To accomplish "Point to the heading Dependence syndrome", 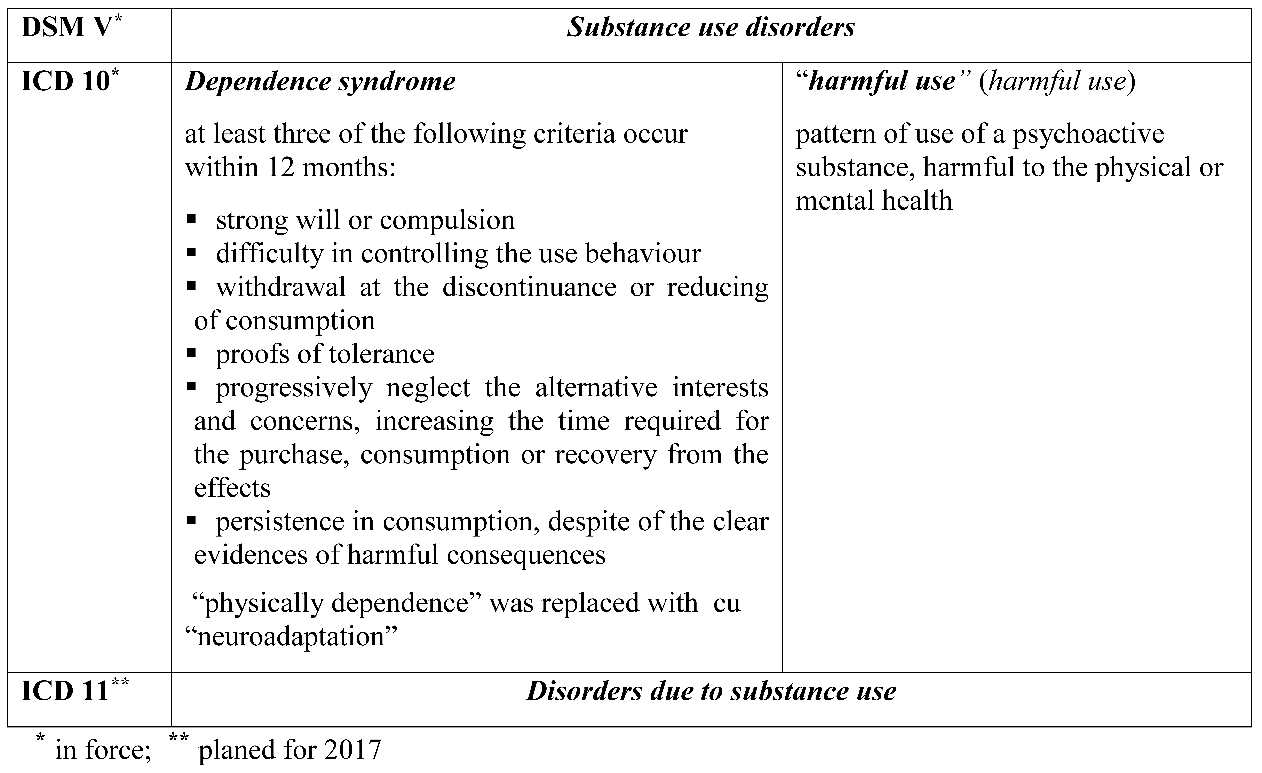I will coord(320,82).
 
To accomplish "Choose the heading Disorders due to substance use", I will coord(711,691).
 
